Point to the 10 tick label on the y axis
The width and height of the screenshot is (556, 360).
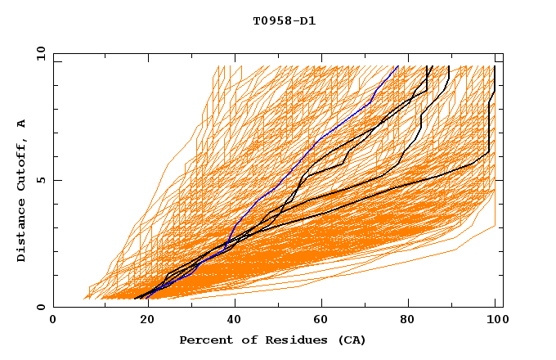tap(38, 52)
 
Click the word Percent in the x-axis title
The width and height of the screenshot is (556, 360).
tap(203, 340)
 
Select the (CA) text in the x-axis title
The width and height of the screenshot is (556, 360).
tap(349, 340)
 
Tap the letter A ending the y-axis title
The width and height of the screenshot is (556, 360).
tap(22, 124)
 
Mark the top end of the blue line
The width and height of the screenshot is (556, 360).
tap(397, 66)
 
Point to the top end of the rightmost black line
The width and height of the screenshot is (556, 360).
tap(495, 66)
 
